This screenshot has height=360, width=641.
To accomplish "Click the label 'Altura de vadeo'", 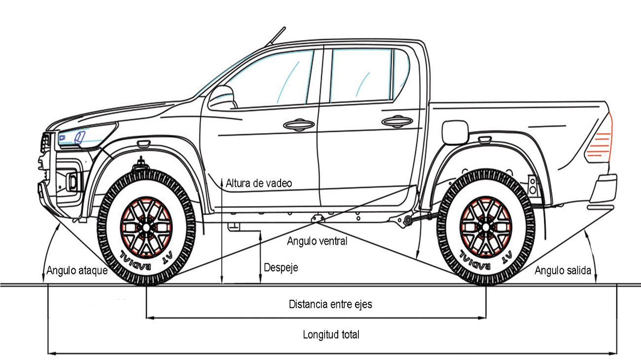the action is point(259,183).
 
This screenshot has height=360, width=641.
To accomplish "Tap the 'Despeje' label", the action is point(281,268).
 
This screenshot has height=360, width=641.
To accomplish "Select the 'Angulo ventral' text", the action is point(317,241).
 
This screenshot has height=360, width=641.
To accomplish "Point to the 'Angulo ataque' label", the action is point(77,270).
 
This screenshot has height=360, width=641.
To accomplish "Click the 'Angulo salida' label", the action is point(563,270).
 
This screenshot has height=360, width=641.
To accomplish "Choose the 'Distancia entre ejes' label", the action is point(330,304).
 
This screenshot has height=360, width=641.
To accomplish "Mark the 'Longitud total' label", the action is point(331,334).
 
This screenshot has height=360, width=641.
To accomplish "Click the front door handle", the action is point(299,124).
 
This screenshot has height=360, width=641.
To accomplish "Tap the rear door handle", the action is point(397,122).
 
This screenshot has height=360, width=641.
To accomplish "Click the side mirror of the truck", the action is point(222,98).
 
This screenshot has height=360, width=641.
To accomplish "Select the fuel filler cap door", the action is point(455,132).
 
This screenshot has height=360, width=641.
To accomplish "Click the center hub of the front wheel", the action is point(146,227).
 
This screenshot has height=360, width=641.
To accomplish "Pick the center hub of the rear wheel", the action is point(486,227).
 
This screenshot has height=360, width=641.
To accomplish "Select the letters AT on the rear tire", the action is point(507,257).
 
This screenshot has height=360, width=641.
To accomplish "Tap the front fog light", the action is point(72,181).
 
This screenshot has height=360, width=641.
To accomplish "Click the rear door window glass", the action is point(361,75).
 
